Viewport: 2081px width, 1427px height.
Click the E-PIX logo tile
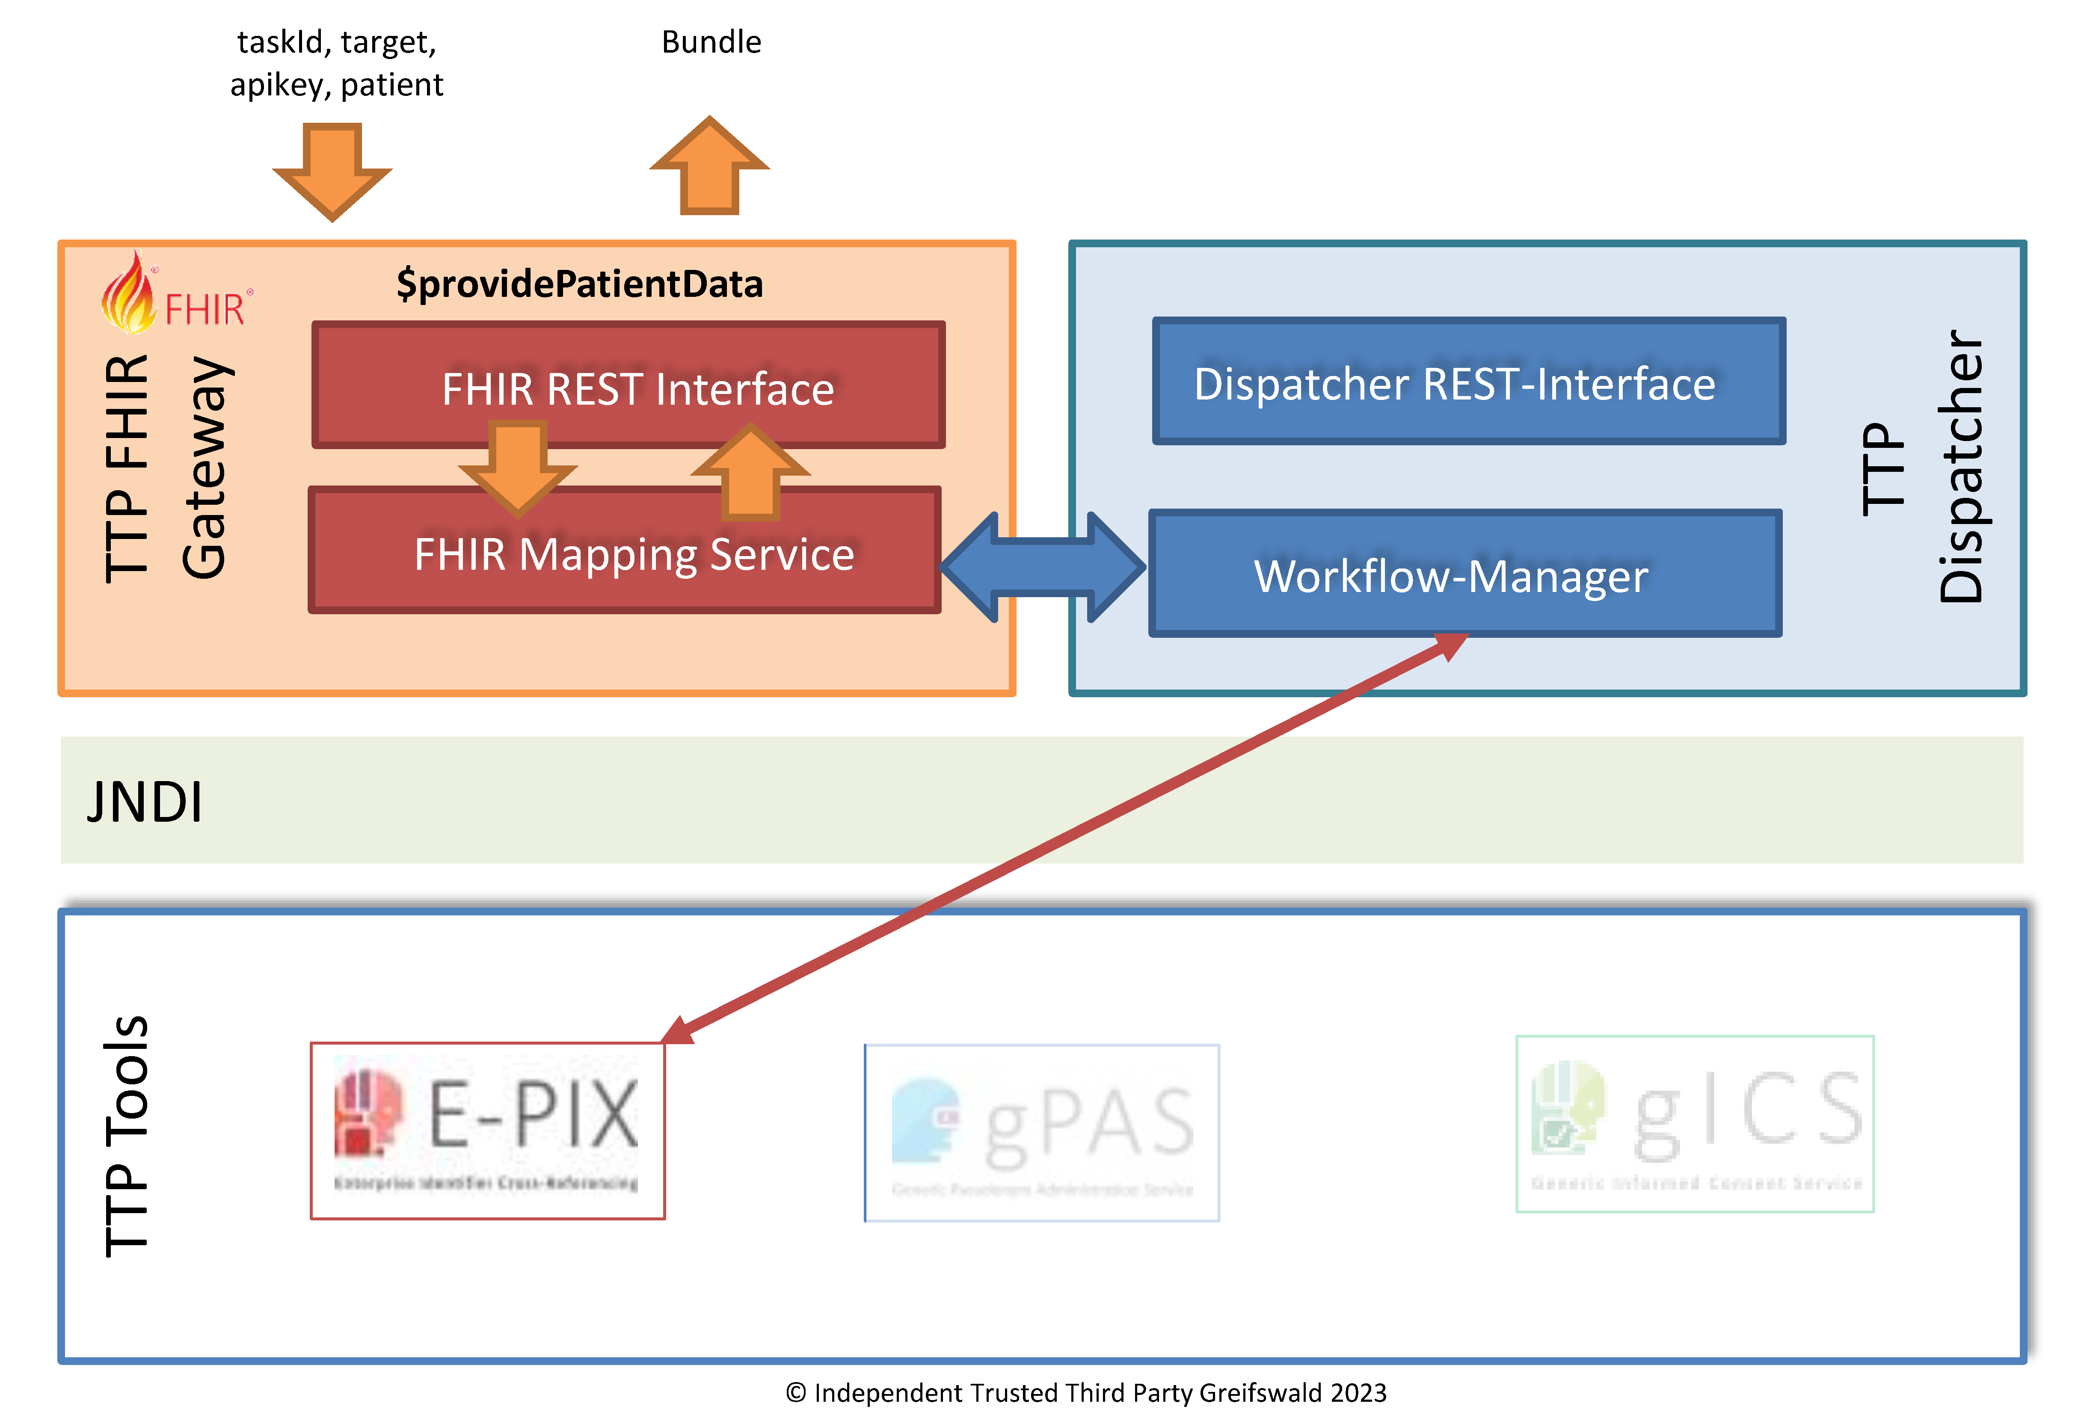488,1131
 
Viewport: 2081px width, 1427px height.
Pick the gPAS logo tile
1041,1132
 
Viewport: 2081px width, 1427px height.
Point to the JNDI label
145,801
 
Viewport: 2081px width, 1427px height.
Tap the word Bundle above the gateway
711,42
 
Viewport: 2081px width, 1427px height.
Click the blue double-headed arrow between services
1043,567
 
